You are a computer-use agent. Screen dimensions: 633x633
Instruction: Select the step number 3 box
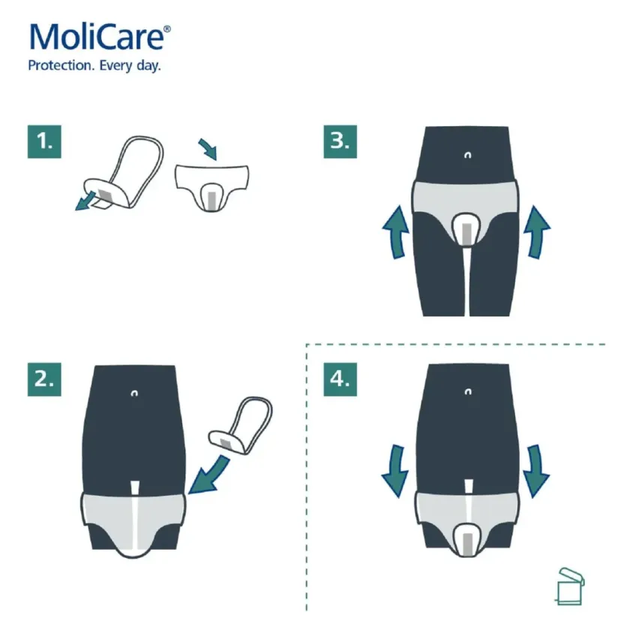click(x=340, y=140)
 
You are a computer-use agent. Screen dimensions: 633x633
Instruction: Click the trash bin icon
click(x=569, y=586)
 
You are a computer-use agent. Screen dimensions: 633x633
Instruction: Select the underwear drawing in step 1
click(x=211, y=187)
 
